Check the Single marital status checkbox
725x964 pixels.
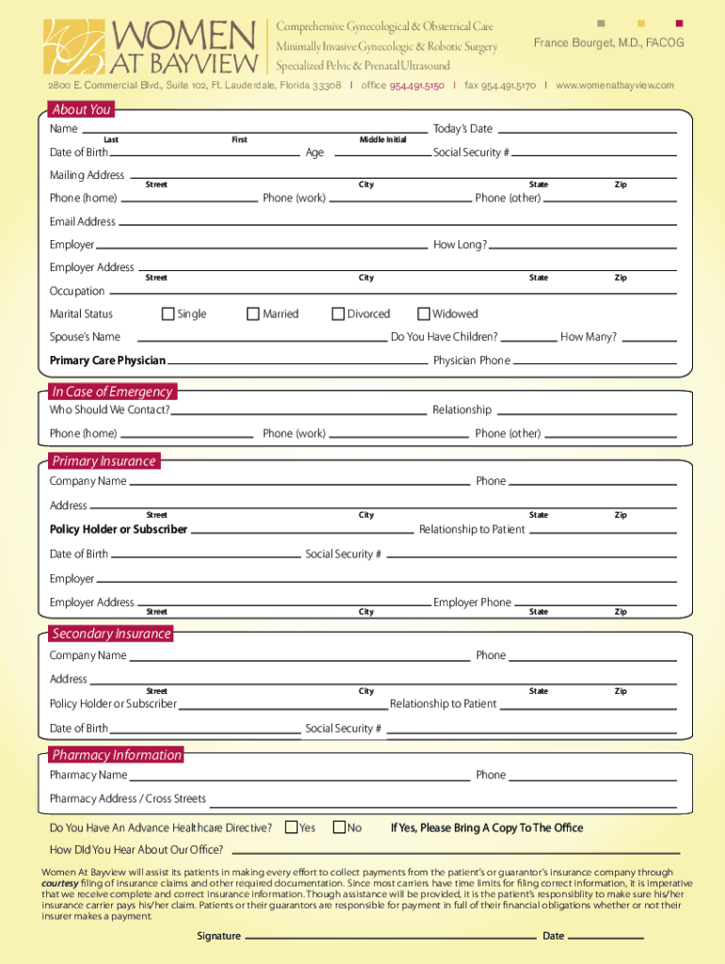[x=169, y=313]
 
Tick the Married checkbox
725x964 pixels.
[x=253, y=313]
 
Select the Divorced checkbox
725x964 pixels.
[x=338, y=313]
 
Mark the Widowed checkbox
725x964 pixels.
[x=424, y=313]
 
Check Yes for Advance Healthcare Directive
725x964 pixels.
[x=291, y=827]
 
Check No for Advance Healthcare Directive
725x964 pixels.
[x=340, y=827]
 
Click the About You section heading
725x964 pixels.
[x=81, y=109]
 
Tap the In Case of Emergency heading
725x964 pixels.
[x=112, y=392]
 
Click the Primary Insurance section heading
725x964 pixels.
[x=104, y=461]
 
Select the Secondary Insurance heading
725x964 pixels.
[x=111, y=634]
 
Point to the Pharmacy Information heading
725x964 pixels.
[x=117, y=755]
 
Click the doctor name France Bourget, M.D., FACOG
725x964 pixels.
[x=608, y=43]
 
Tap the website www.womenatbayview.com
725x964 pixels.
[x=615, y=86]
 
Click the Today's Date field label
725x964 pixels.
[x=462, y=128]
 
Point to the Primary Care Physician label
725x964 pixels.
[x=107, y=361]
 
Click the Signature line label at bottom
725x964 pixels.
[x=218, y=936]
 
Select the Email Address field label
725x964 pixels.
[x=83, y=222]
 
